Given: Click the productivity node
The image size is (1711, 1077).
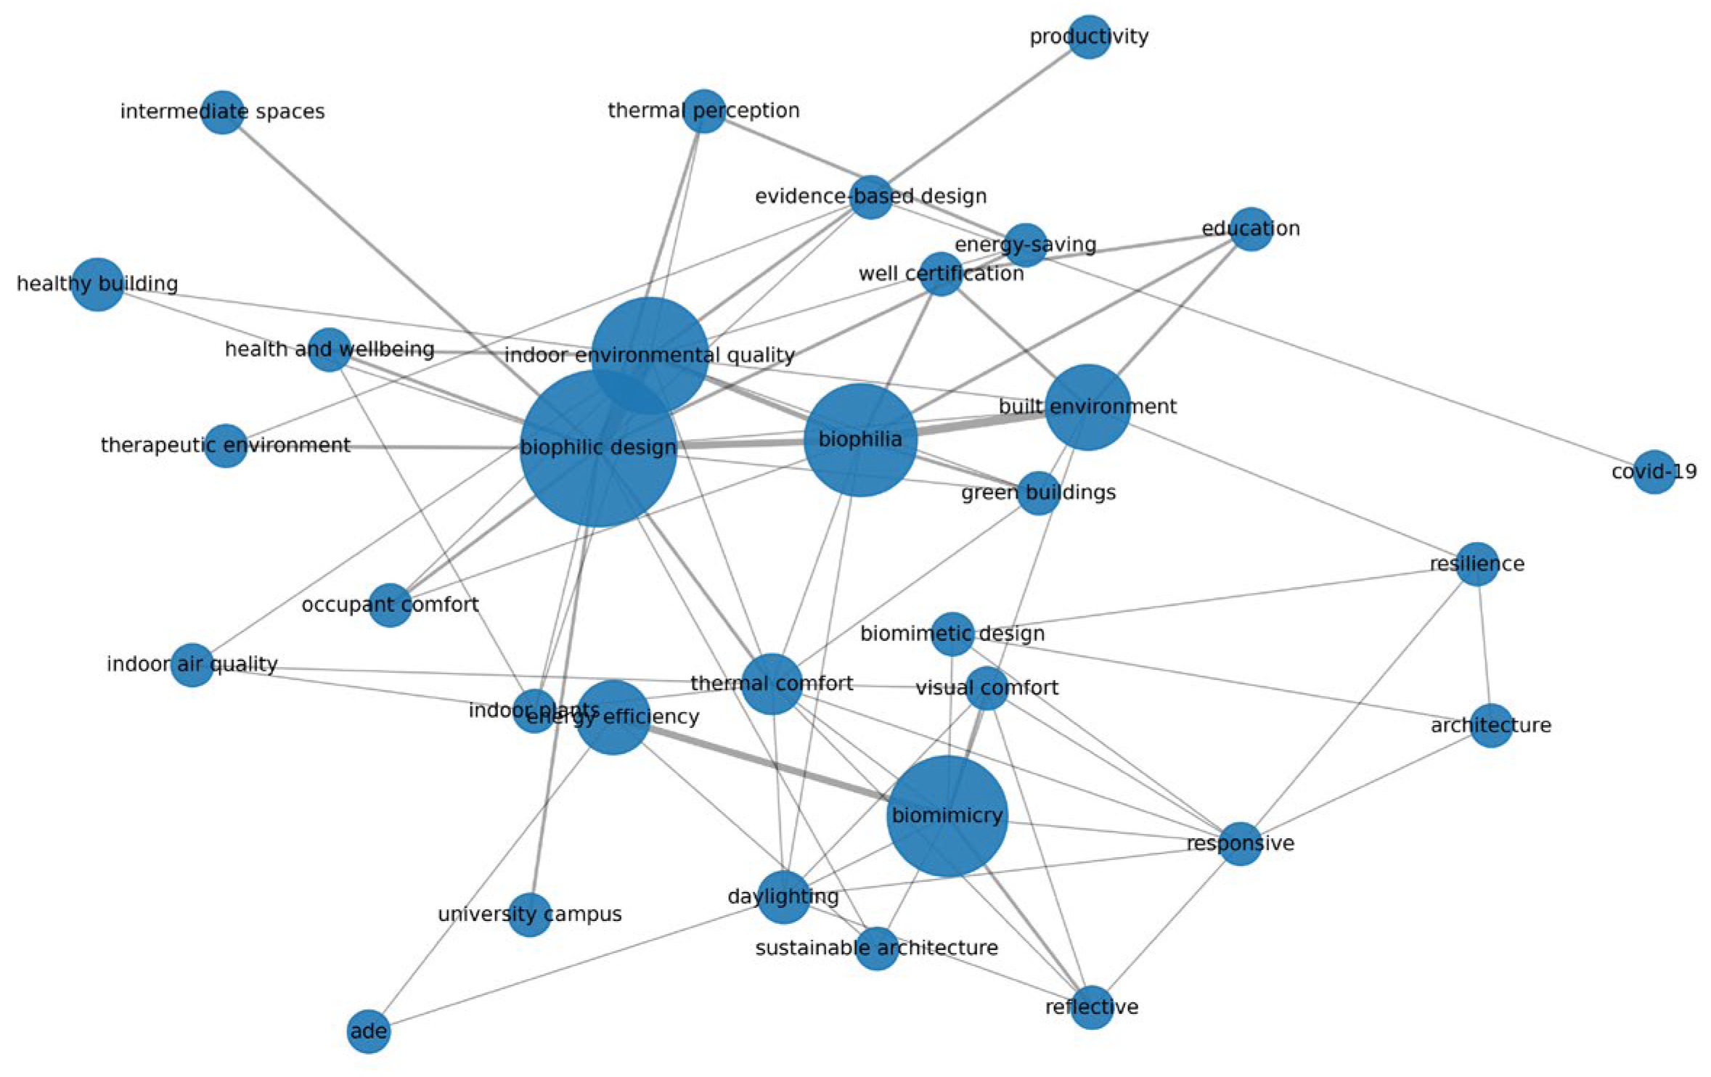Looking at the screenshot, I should pos(1089,36).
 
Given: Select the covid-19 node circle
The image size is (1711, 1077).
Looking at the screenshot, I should pos(1654,472).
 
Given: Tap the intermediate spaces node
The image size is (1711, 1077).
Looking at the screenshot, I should pos(222,112).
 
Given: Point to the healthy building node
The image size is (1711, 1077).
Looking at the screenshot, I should pos(97,284).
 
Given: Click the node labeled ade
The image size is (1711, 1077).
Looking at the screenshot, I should pos(369,1031).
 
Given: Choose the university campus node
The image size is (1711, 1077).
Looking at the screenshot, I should pos(530,914).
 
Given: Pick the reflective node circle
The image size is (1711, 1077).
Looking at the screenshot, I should pos(1092,1007).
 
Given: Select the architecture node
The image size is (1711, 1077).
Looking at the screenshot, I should pos(1491,725).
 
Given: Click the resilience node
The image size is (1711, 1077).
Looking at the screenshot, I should pos(1477,564).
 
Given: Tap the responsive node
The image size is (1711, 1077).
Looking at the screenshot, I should pos(1241,843).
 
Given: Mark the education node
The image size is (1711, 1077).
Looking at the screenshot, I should pos(1251,229).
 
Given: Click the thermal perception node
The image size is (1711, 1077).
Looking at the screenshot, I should pos(703,111).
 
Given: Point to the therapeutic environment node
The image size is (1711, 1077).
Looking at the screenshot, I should pos(226,445).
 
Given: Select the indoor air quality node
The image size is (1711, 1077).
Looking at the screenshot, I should pos(192,664).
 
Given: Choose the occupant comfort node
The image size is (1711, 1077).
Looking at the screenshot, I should pos(390,605).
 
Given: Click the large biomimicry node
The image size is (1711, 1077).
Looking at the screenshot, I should pos(947,816).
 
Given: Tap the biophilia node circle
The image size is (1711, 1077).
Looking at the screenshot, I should pos(860,440).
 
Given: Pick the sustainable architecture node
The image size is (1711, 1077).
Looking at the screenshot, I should pos(877,948).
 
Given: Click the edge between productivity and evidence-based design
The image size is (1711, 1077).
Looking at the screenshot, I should pos(980,116).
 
